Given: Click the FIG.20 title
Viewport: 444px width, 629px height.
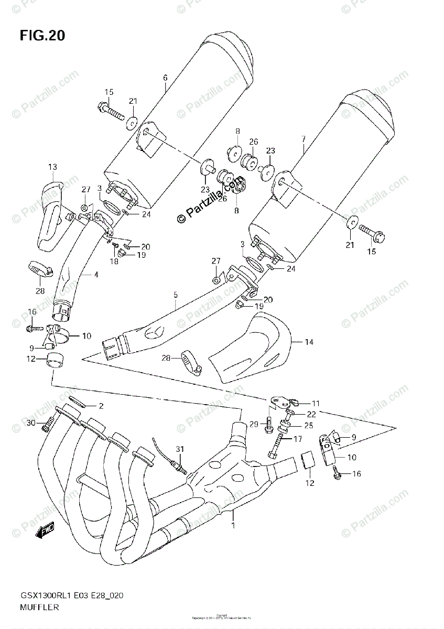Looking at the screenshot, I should click(43, 36).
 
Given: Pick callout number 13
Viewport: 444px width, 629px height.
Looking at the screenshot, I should click(53, 167).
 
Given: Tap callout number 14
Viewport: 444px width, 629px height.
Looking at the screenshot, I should click(309, 342).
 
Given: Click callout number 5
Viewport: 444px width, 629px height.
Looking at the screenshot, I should click(176, 296).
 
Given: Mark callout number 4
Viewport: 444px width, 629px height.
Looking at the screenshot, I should click(96, 273).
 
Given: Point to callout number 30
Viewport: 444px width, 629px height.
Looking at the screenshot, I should click(31, 424).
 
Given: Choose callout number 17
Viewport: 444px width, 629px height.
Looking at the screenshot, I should click(298, 439).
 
